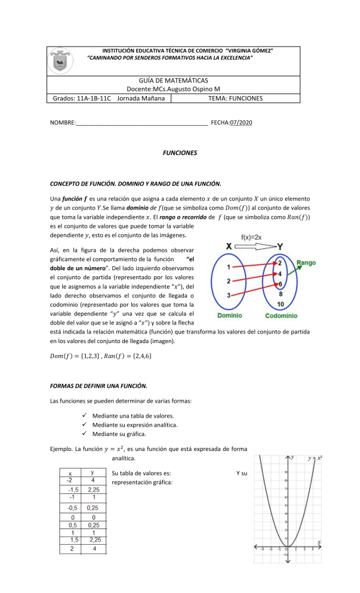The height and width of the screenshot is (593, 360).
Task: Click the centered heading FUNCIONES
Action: coord(180,153)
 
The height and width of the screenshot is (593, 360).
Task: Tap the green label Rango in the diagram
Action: coord(306,262)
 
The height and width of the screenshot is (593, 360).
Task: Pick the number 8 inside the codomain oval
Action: coord(280,293)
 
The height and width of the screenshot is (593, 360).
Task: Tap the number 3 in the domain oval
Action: coord(229,295)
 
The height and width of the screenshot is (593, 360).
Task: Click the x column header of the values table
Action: coord(69,474)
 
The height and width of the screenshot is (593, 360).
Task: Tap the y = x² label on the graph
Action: coord(315,458)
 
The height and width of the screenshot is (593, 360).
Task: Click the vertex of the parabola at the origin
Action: coord(288,545)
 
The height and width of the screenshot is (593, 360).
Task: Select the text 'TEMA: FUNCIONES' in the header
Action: coord(236,98)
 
